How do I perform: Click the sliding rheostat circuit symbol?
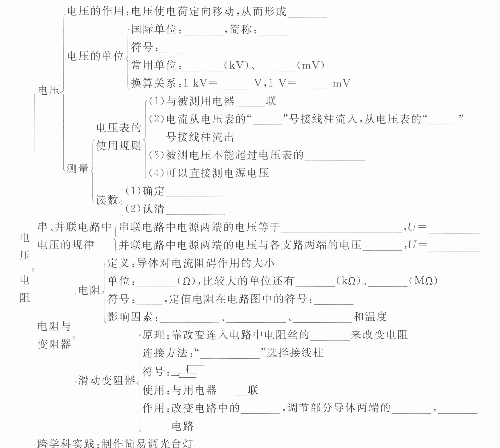click(x=187, y=372)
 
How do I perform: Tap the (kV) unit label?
click(x=238, y=65)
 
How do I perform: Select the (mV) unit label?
click(x=310, y=65)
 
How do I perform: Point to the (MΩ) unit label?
click(x=423, y=281)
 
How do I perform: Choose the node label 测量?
click(x=78, y=168)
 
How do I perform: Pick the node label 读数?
click(x=107, y=200)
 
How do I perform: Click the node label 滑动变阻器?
click(x=107, y=380)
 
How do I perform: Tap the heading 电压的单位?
click(x=95, y=56)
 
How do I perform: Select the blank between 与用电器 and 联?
click(x=232, y=391)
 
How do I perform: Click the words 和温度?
click(x=370, y=317)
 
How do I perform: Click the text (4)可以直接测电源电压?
click(x=209, y=173)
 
